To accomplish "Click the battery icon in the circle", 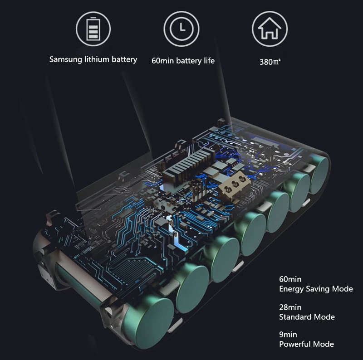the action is [x=93, y=29].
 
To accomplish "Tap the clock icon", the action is [x=181, y=29].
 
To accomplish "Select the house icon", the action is [x=270, y=29].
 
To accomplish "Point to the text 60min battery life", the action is [x=183, y=60].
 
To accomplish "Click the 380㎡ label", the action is [x=270, y=62].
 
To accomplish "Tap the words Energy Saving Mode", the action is [x=316, y=289].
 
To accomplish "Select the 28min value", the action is [x=290, y=307].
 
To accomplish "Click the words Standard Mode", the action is [x=307, y=317].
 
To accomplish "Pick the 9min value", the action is [x=288, y=335].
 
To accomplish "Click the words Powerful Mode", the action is [x=306, y=344].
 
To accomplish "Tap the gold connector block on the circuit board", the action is [x=233, y=184].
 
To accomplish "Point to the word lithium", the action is [x=98, y=59].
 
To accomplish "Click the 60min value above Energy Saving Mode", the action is [x=290, y=279].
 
